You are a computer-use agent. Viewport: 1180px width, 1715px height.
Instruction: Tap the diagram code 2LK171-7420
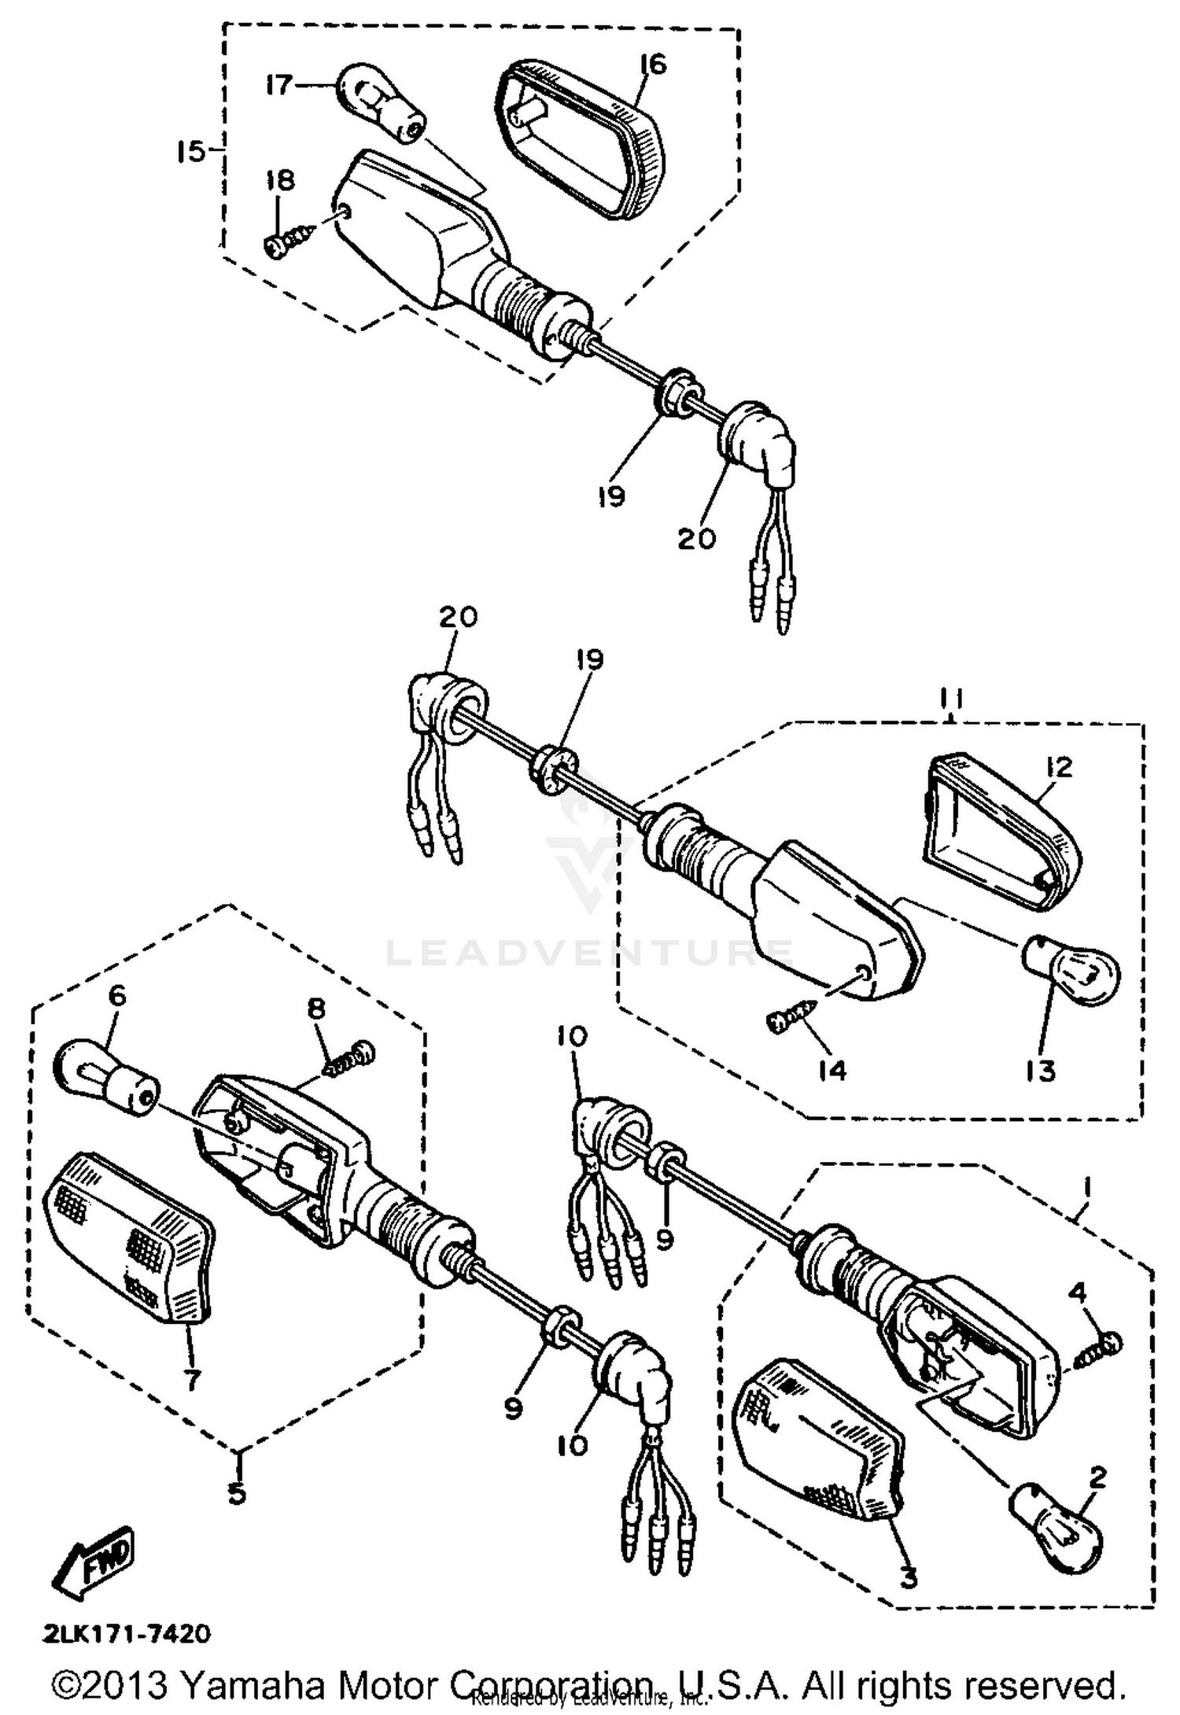pyautogui.click(x=127, y=1634)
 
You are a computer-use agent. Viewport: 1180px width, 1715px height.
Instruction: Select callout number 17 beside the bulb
pyautogui.click(x=279, y=84)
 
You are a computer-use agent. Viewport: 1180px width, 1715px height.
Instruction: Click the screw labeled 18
pyautogui.click(x=289, y=239)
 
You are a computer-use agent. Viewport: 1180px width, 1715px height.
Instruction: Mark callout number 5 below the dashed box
pyautogui.click(x=237, y=1488)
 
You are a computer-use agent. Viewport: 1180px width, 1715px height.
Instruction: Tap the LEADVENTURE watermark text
pyautogui.click(x=590, y=953)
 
